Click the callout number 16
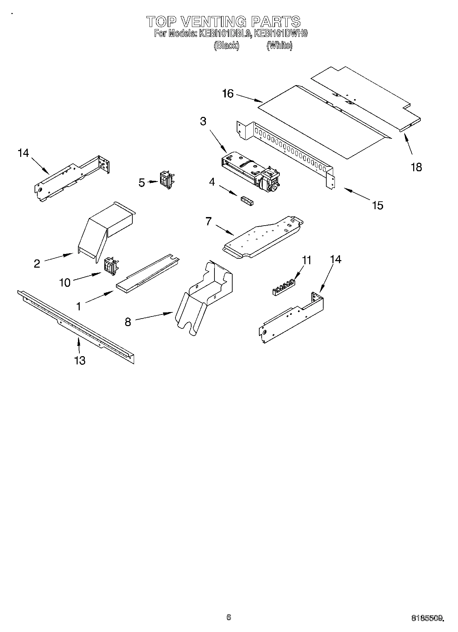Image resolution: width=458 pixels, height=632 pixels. pyautogui.click(x=228, y=93)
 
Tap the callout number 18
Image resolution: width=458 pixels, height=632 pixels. pyautogui.click(x=416, y=167)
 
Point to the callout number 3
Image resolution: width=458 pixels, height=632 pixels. pyautogui.click(x=203, y=121)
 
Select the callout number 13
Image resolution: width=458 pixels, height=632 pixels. pyautogui.click(x=80, y=360)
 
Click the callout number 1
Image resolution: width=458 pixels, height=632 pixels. pyautogui.click(x=79, y=307)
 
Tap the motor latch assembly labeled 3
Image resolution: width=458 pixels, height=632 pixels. pyautogui.click(x=250, y=171)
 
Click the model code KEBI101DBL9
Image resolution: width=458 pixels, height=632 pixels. pyautogui.click(x=224, y=33)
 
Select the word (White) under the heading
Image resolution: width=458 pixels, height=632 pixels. pyautogui.click(x=279, y=45)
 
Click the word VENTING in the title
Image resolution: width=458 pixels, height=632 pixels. pyautogui.click(x=213, y=22)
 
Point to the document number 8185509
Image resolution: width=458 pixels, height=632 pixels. pyautogui.click(x=428, y=617)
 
